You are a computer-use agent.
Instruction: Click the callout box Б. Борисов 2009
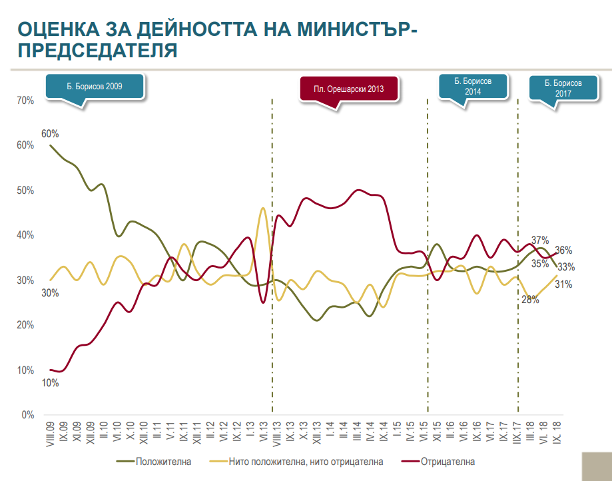click(94, 87)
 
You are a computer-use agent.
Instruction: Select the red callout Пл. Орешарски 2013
click(350, 89)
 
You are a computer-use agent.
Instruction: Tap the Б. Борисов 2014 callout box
click(473, 86)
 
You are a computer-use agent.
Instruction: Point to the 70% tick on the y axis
click(25, 101)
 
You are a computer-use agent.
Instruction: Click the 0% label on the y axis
click(28, 415)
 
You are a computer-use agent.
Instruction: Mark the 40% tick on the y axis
click(25, 235)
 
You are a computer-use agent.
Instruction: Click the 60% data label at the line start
click(50, 134)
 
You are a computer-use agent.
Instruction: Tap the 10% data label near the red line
click(50, 383)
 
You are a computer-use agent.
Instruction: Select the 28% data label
click(530, 299)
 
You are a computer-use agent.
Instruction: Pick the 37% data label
click(539, 240)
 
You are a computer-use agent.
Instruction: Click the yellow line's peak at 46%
click(262, 209)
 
